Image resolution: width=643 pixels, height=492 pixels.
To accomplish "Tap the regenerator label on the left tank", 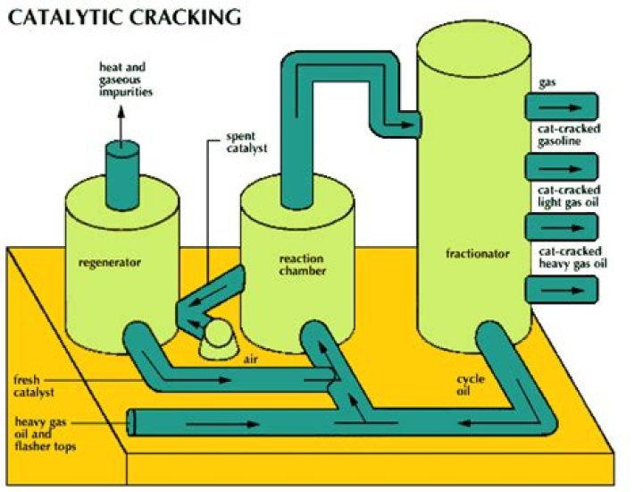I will pyautogui.click(x=108, y=263).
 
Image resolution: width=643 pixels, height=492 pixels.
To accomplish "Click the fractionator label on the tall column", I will pyautogui.click(x=478, y=254).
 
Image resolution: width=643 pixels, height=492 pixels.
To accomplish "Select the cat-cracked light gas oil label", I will pyautogui.click(x=569, y=197).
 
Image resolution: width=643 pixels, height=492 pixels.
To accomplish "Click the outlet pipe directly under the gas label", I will pyautogui.click(x=561, y=107).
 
